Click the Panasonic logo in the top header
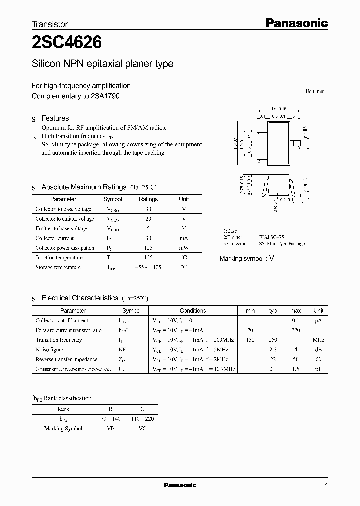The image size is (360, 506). [296, 23]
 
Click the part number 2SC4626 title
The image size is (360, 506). [67, 44]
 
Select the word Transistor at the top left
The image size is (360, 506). [50, 24]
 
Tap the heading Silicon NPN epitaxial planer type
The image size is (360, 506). [103, 64]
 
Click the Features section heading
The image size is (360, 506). [55, 118]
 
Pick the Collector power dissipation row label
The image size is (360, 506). [65, 248]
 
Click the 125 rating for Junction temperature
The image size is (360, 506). [148, 258]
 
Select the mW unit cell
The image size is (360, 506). [184, 248]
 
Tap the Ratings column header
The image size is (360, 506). [148, 199]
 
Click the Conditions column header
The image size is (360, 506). [193, 311]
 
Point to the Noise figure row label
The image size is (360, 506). [49, 350]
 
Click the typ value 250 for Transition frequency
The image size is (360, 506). [273, 340]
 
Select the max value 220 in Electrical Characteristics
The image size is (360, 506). [296, 330]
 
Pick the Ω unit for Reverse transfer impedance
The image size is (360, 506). [318, 360]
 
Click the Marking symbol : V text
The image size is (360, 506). [247, 258]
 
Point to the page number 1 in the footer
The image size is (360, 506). [327, 486]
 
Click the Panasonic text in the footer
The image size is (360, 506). [180, 485]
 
